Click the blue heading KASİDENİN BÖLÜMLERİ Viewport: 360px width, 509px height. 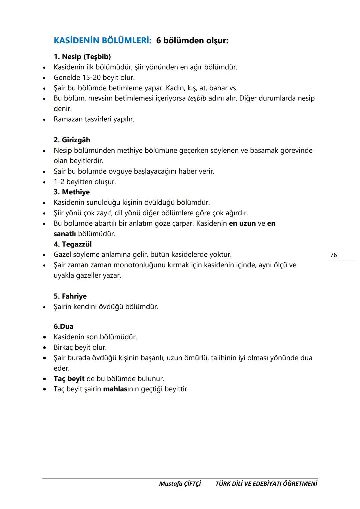102,41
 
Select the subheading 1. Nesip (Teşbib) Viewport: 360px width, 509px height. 82,57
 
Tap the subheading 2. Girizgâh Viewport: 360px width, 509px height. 72,140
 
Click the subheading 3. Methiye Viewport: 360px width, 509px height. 71,192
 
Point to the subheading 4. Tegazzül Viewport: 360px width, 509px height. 72,244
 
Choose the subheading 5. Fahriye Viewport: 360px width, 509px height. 70,296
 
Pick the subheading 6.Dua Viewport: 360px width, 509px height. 63,327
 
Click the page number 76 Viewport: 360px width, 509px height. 333,255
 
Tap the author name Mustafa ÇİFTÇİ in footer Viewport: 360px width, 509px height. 180,484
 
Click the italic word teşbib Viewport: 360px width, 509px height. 197,98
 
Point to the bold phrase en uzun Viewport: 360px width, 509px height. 242,223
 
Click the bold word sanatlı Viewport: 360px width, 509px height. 65,234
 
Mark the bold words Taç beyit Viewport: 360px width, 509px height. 69,379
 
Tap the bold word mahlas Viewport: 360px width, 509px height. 115,389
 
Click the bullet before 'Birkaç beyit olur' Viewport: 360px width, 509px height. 44,348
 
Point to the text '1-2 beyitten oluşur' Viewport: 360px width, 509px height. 85,182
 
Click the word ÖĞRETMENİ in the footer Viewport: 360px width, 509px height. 300,484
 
